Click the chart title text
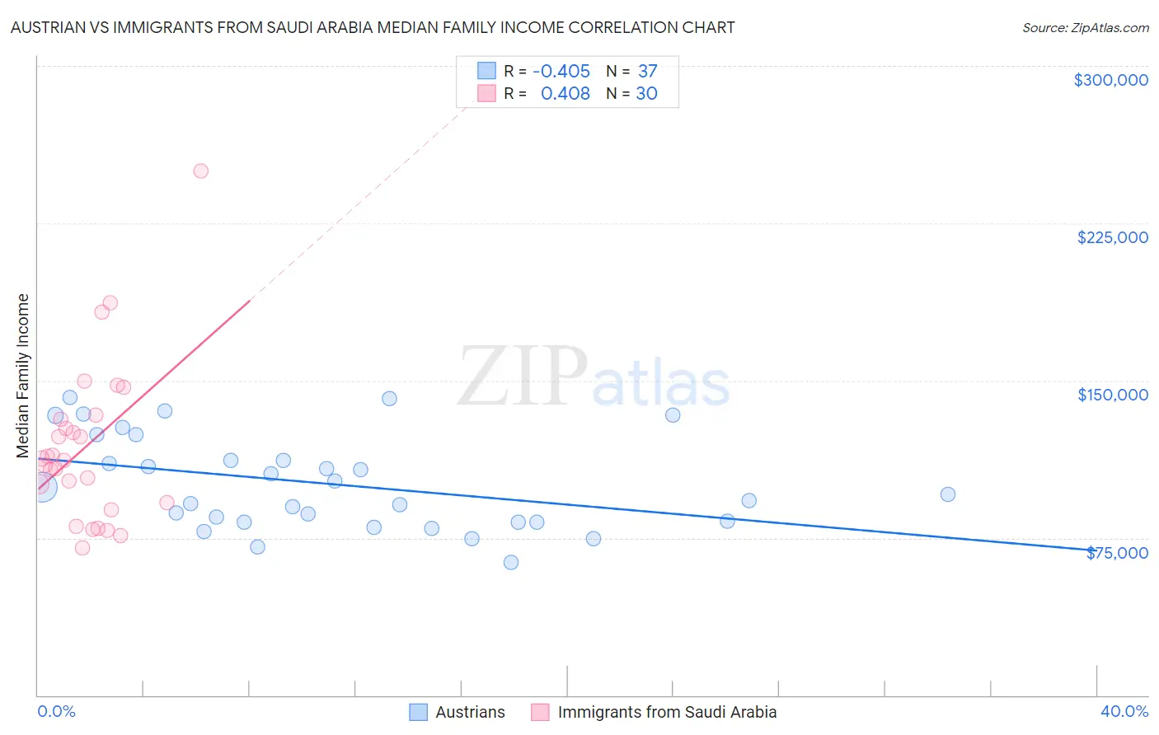click(x=373, y=27)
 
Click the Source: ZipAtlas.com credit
click(x=1085, y=27)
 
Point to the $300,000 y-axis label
click(x=1110, y=80)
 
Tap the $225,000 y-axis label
click(x=1112, y=237)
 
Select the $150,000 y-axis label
click(x=1112, y=395)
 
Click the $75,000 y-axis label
click(x=1117, y=553)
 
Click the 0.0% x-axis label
click(x=56, y=711)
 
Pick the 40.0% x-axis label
click(x=1124, y=711)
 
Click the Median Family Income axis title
click(x=22, y=376)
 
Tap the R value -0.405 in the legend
click(x=561, y=72)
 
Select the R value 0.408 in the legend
click(x=565, y=94)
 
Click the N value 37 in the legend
click(x=647, y=72)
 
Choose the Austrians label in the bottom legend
click(x=470, y=712)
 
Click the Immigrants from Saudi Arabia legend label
click(x=667, y=712)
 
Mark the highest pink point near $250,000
click(x=200, y=171)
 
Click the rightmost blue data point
click(x=948, y=494)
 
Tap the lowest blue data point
click(x=511, y=562)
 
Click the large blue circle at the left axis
click(x=41, y=486)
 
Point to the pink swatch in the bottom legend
click(x=540, y=712)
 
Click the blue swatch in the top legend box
click(x=487, y=72)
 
